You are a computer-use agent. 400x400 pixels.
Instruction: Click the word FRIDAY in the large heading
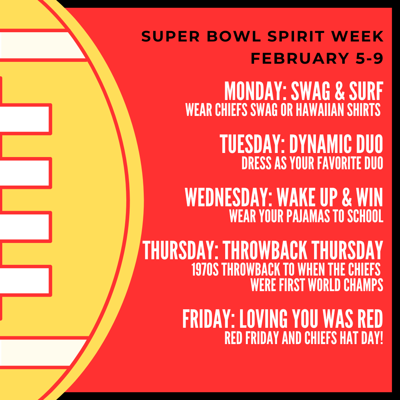[208, 319]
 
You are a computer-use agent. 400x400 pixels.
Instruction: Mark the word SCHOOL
[364, 216]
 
